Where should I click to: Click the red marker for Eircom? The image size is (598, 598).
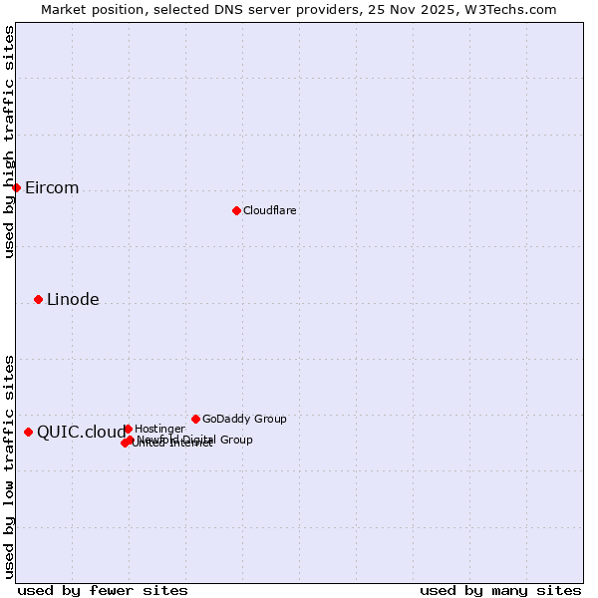point(16,187)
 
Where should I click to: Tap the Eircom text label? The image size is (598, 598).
point(52,188)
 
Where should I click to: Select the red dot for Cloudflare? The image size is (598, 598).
point(236,210)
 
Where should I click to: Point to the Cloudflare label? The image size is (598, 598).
point(270,211)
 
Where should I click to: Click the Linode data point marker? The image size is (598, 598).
point(38,299)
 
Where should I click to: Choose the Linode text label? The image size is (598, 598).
point(73,300)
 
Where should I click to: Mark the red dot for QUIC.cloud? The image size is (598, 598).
point(28,432)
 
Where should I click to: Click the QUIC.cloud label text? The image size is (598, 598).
point(81,433)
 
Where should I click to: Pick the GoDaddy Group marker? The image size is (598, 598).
point(195,419)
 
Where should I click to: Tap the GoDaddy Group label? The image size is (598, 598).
point(244,420)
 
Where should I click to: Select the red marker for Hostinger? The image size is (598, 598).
point(128,429)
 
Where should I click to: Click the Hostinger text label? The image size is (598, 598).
point(159,430)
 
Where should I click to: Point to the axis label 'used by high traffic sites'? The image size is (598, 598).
point(9,142)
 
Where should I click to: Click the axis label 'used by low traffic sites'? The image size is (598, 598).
point(9,465)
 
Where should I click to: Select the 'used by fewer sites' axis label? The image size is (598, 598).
point(103,590)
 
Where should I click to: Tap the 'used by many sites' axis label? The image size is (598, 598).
point(500,590)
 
